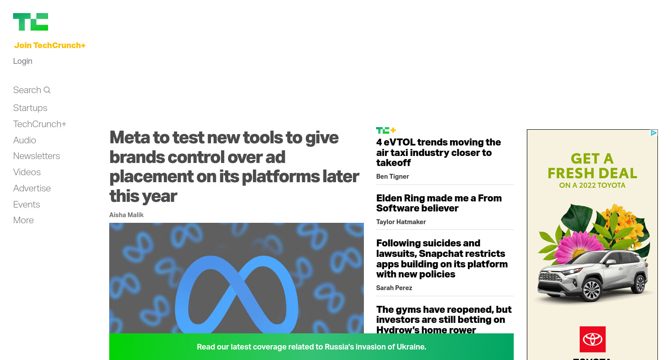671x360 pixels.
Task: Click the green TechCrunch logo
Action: click(31, 22)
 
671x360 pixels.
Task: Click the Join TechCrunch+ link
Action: click(50, 45)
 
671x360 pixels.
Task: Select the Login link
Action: click(23, 61)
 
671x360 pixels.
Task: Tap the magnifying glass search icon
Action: click(47, 90)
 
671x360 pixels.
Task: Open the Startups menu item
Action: click(30, 108)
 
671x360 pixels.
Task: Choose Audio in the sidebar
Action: click(24, 140)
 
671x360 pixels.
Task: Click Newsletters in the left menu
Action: click(37, 156)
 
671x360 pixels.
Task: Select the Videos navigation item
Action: click(27, 172)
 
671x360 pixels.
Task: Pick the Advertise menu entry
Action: click(32, 188)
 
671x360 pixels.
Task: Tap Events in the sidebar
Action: click(27, 204)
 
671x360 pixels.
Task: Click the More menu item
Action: click(23, 220)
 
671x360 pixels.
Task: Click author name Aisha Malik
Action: click(126, 215)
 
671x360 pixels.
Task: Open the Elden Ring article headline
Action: click(439, 203)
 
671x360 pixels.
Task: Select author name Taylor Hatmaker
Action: click(401, 222)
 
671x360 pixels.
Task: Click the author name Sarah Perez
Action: click(394, 288)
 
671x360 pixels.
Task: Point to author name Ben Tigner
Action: click(393, 177)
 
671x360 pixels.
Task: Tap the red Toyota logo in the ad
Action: click(592, 339)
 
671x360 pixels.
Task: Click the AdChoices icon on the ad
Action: click(654, 133)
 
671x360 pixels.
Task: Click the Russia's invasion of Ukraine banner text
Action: click(311, 347)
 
